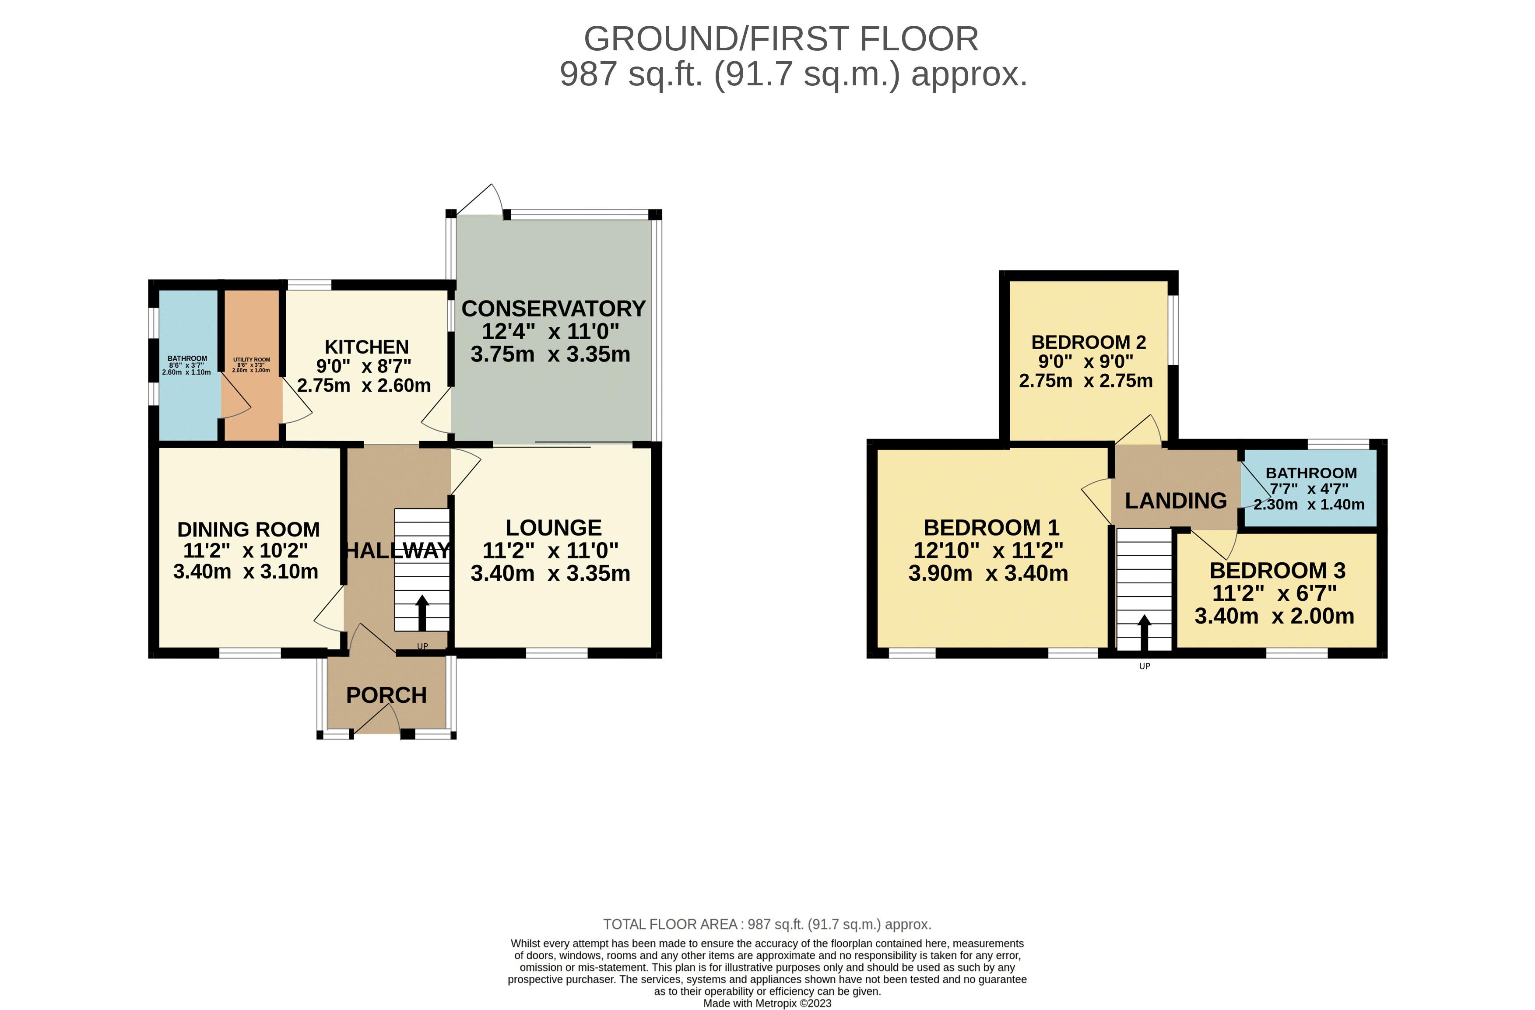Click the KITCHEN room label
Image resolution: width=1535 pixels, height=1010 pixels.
point(366,347)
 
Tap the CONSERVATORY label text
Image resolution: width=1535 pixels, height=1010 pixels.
point(553,309)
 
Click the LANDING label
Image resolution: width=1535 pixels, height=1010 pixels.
point(1176,501)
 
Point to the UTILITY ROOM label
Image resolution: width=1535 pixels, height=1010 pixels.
point(252,360)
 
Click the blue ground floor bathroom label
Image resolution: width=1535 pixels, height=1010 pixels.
point(187,358)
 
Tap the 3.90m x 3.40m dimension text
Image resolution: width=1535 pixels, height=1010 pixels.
point(988,573)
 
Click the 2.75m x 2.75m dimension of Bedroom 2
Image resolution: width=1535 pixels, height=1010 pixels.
point(1085,381)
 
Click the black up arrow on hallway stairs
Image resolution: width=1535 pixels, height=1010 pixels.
point(422,613)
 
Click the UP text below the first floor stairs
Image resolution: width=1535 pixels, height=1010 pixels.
point(1144,666)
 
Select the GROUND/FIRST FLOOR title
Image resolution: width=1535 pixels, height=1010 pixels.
point(780,39)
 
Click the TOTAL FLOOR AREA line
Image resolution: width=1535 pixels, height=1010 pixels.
point(767,924)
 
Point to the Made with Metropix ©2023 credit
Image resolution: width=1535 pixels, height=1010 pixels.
point(767,1003)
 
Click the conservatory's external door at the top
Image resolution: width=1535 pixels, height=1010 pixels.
point(481,200)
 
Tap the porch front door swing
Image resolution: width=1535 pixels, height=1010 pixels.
point(377,718)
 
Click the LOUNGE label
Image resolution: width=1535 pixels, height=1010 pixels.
point(553,528)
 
